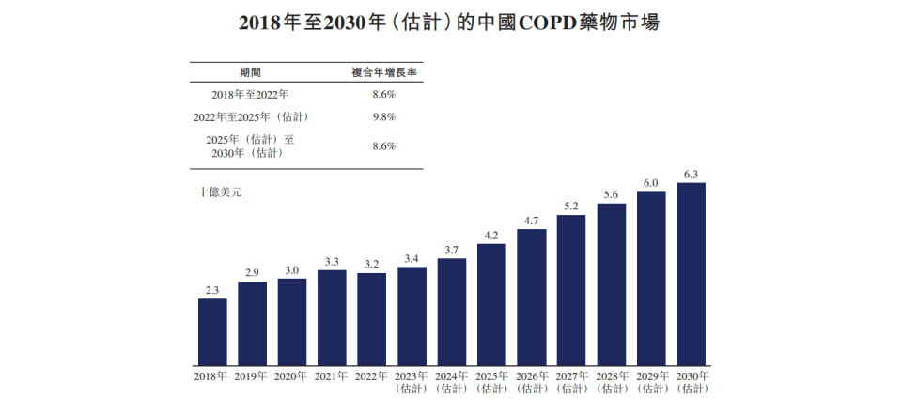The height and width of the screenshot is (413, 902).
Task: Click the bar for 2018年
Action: point(212,331)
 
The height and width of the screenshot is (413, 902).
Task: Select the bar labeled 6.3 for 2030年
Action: point(691,273)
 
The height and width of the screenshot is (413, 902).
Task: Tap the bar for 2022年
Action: point(371,318)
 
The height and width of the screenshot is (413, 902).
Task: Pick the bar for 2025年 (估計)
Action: point(491,304)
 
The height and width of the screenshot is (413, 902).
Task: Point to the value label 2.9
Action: point(252,272)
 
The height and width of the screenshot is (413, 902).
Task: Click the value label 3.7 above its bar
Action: point(451,250)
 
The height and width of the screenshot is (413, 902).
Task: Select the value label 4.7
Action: point(531,221)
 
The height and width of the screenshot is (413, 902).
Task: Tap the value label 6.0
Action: point(650,183)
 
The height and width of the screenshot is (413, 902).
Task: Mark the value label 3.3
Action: point(332,261)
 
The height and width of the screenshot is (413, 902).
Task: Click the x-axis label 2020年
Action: point(291,376)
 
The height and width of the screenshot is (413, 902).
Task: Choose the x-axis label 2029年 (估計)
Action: point(651,382)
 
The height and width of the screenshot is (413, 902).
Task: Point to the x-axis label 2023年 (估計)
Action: point(412,382)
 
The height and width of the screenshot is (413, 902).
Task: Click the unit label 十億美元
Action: point(220,192)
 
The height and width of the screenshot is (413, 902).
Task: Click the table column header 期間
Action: point(251,71)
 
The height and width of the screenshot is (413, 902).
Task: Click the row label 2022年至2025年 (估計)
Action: point(251,117)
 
